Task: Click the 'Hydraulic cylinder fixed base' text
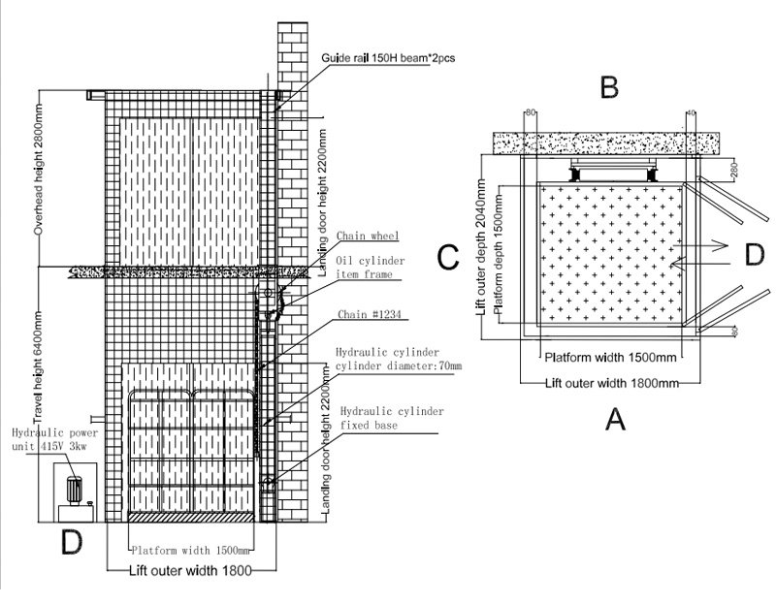point(390,419)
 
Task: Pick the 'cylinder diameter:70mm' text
point(398,366)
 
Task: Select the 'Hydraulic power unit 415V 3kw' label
point(46,440)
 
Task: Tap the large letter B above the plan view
point(609,87)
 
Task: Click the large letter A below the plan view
point(614,420)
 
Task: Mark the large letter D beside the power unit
point(71,543)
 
